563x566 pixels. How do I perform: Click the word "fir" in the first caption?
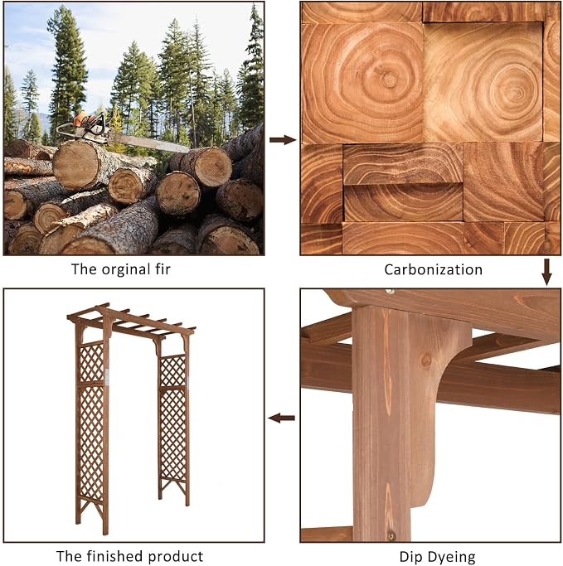[163, 269]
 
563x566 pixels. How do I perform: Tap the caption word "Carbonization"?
[433, 269]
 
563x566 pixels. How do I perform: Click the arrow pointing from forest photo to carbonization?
[283, 140]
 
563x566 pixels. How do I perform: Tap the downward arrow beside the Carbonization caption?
[546, 272]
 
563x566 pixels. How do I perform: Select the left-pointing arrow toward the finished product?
[281, 418]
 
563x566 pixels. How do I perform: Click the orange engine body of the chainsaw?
[85, 120]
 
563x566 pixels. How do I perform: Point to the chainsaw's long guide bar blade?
[148, 143]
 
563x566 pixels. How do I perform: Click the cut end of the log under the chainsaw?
[75, 165]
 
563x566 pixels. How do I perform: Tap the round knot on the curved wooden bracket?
[426, 360]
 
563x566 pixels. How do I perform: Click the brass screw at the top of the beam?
[390, 291]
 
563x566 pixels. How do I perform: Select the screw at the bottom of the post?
[391, 535]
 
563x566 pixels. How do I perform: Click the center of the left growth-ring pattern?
[389, 79]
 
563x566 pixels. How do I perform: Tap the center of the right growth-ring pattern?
[516, 93]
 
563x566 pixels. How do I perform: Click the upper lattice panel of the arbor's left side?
[91, 362]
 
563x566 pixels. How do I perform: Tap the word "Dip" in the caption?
[409, 558]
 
